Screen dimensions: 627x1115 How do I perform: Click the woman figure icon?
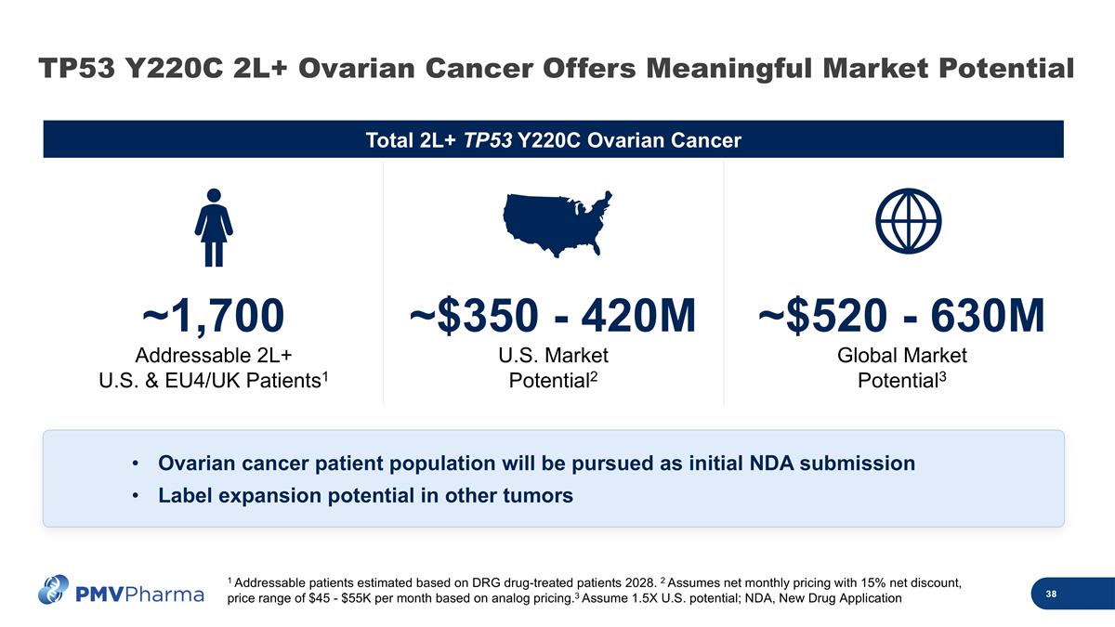click(x=214, y=227)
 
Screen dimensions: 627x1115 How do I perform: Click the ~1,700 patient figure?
click(x=213, y=317)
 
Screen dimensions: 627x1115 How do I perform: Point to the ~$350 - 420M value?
click(x=553, y=317)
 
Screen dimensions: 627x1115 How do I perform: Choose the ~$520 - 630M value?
click(x=902, y=317)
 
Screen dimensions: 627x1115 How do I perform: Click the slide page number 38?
click(x=1050, y=594)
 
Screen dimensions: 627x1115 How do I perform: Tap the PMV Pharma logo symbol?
click(x=54, y=591)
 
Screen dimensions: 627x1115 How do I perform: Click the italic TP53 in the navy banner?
click(x=488, y=140)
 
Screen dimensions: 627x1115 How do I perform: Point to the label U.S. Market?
click(x=553, y=356)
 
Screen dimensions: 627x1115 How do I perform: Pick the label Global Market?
click(x=902, y=356)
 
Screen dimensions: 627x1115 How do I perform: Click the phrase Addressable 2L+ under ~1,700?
click(x=207, y=356)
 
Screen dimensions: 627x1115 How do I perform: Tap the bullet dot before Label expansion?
click(x=136, y=496)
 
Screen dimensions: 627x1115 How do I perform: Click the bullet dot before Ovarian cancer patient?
click(x=136, y=464)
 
